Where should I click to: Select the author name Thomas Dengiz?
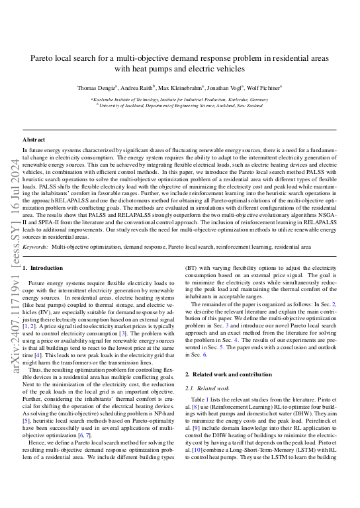96,87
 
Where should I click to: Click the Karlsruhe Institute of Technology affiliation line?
179,98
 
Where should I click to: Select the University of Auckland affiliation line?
179,104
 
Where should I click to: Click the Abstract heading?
34,140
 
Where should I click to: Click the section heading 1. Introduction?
43,269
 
